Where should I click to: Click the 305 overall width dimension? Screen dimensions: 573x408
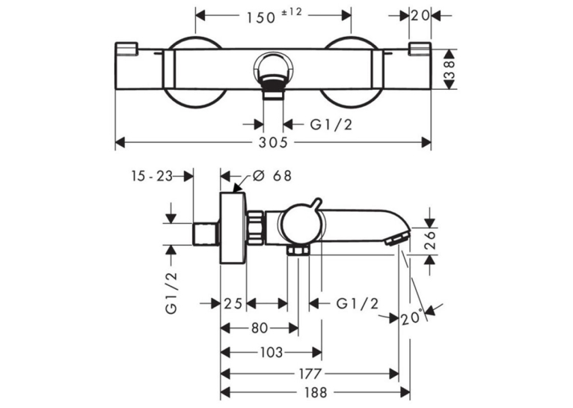(x=273, y=142)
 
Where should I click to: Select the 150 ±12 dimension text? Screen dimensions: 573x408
(x=274, y=16)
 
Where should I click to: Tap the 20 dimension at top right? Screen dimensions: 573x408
(x=420, y=16)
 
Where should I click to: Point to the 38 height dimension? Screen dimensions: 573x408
(x=450, y=70)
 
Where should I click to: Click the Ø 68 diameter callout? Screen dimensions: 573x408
(x=272, y=176)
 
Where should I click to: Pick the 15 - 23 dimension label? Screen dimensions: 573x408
(x=152, y=176)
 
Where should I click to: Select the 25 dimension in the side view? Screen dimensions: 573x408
(x=233, y=303)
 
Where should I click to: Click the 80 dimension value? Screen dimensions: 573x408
(x=260, y=328)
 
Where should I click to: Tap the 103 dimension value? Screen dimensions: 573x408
(x=272, y=353)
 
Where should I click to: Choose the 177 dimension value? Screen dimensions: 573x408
(x=310, y=374)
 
